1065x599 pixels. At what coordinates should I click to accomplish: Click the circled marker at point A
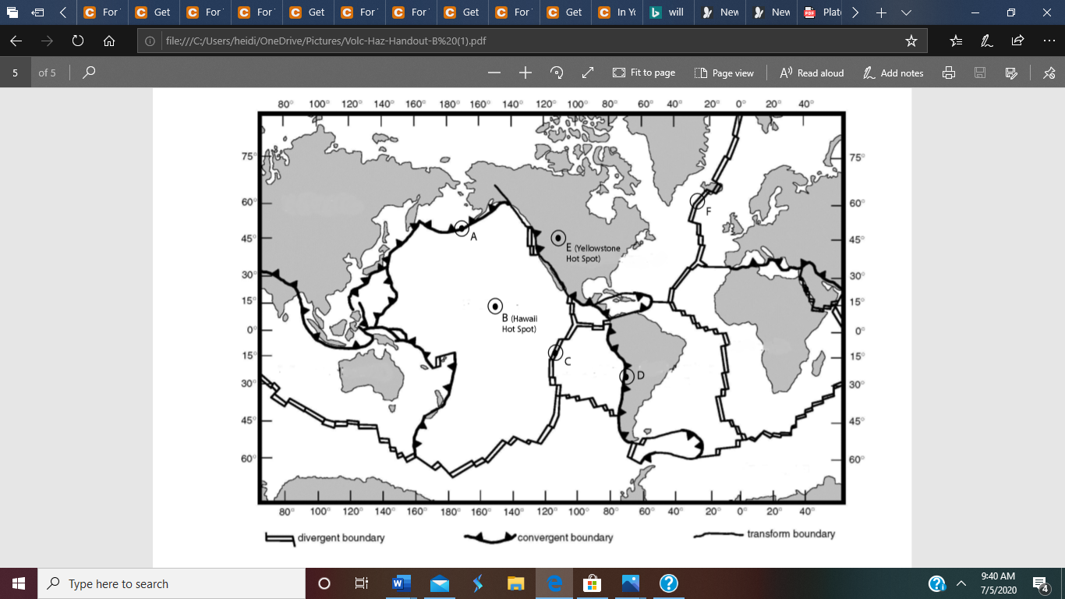(x=462, y=229)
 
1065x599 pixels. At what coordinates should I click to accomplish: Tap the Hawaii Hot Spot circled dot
(x=495, y=307)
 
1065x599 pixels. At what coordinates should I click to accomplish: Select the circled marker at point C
(x=555, y=352)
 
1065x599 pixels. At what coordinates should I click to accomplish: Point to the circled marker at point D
(x=626, y=377)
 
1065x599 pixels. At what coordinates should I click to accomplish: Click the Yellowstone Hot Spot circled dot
(x=558, y=238)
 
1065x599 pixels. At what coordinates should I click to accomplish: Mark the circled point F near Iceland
(x=698, y=201)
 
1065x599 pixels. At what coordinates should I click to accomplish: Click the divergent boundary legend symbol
(x=280, y=538)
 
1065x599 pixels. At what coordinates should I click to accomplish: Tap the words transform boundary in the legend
(x=791, y=534)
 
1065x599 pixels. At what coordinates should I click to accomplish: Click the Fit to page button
(x=644, y=73)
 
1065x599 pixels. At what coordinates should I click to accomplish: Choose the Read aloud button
(x=812, y=73)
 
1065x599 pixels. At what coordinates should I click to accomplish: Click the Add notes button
(x=893, y=73)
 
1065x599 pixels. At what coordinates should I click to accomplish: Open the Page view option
(x=724, y=73)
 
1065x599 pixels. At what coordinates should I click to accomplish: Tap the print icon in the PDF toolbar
(x=949, y=73)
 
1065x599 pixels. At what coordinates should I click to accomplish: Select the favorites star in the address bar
(x=911, y=41)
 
